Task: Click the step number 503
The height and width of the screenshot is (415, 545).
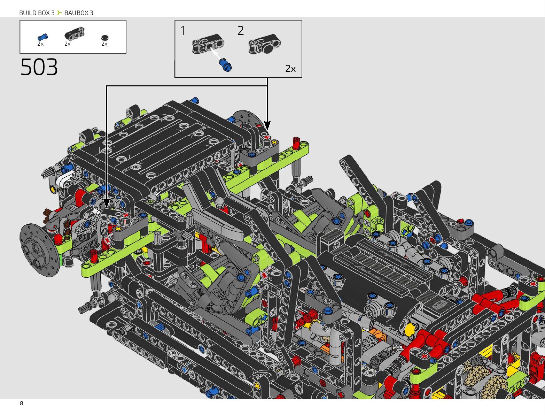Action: coord(39,67)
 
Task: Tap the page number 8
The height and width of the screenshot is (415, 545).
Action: coord(22,403)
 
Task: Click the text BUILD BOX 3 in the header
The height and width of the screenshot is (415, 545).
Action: coord(37,13)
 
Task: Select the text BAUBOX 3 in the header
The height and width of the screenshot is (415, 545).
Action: coord(79,13)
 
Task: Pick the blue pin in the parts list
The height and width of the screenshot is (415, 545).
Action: coord(42,37)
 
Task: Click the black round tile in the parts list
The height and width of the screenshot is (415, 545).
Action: coord(105,38)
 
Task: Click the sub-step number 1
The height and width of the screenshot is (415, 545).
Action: coord(183,31)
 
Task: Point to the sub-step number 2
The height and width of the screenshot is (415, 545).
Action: coord(240,31)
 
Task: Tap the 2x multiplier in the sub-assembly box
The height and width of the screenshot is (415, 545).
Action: coord(290,69)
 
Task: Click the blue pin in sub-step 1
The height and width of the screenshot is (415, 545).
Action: coord(225,65)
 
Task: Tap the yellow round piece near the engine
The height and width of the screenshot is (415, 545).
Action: coord(411,329)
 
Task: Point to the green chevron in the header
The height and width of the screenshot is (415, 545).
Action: coord(60,13)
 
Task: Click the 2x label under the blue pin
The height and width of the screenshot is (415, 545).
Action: coord(40,44)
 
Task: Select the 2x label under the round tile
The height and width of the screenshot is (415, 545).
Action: coord(104,44)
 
